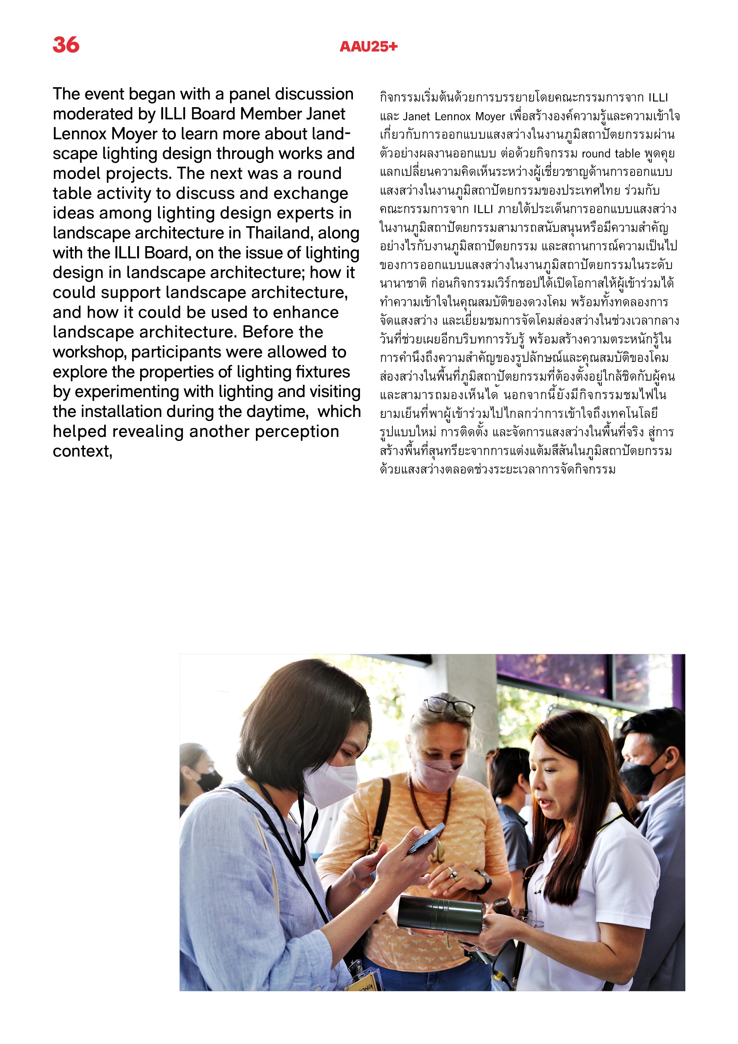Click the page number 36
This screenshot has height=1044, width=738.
click(x=66, y=45)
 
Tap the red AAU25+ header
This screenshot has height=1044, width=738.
click(x=368, y=46)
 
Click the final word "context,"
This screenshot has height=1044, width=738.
click(x=82, y=451)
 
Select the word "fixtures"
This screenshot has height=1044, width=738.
click(x=323, y=372)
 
